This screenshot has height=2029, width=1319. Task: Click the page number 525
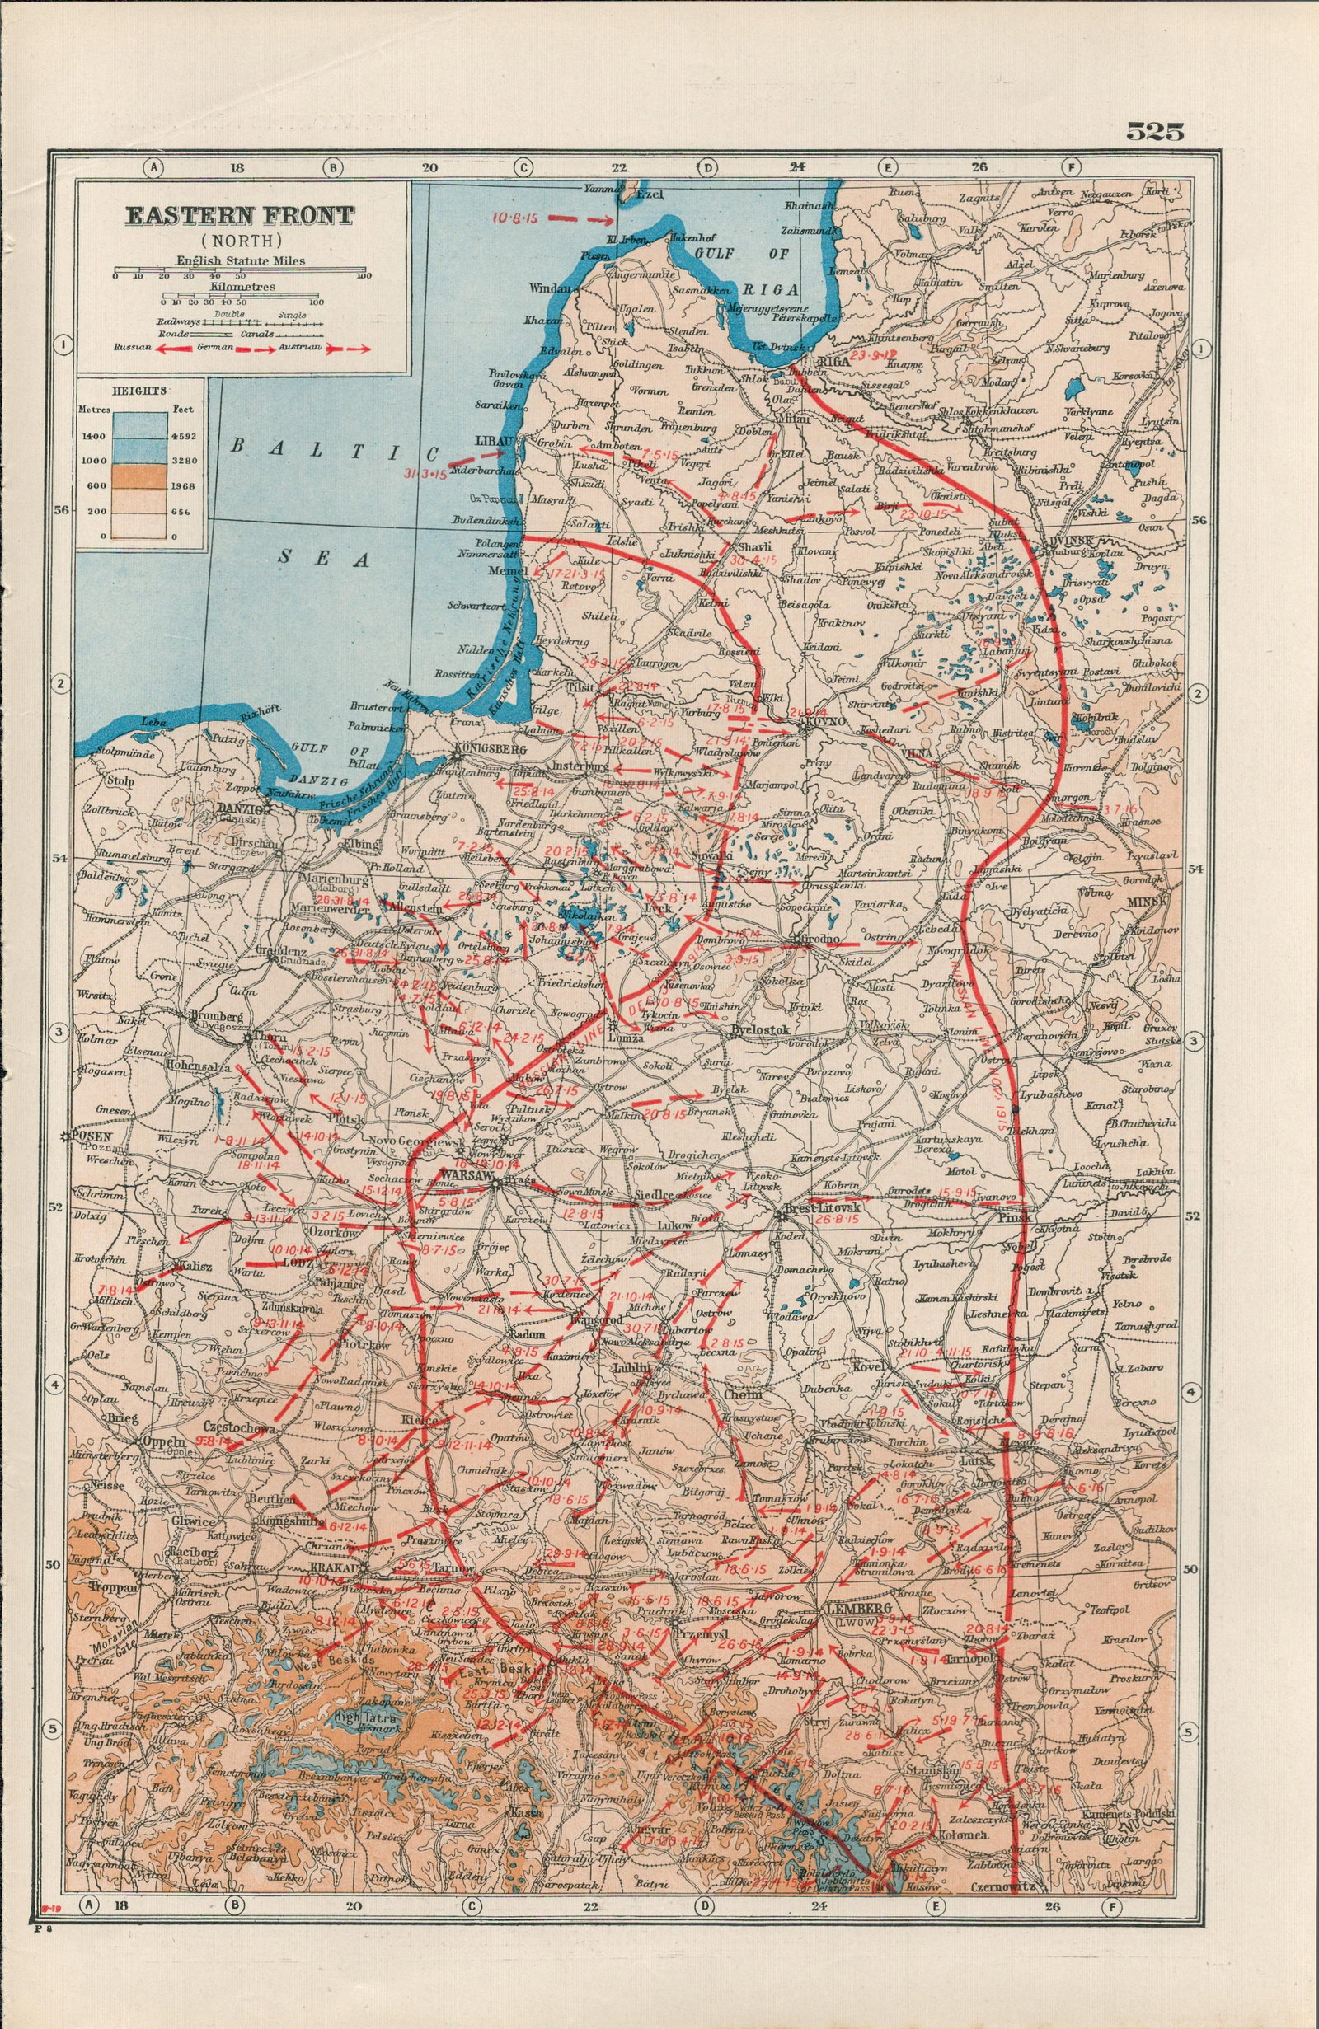click(1154, 131)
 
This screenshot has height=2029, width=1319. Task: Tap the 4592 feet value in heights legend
click(184, 436)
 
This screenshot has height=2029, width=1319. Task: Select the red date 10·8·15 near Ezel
click(512, 217)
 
